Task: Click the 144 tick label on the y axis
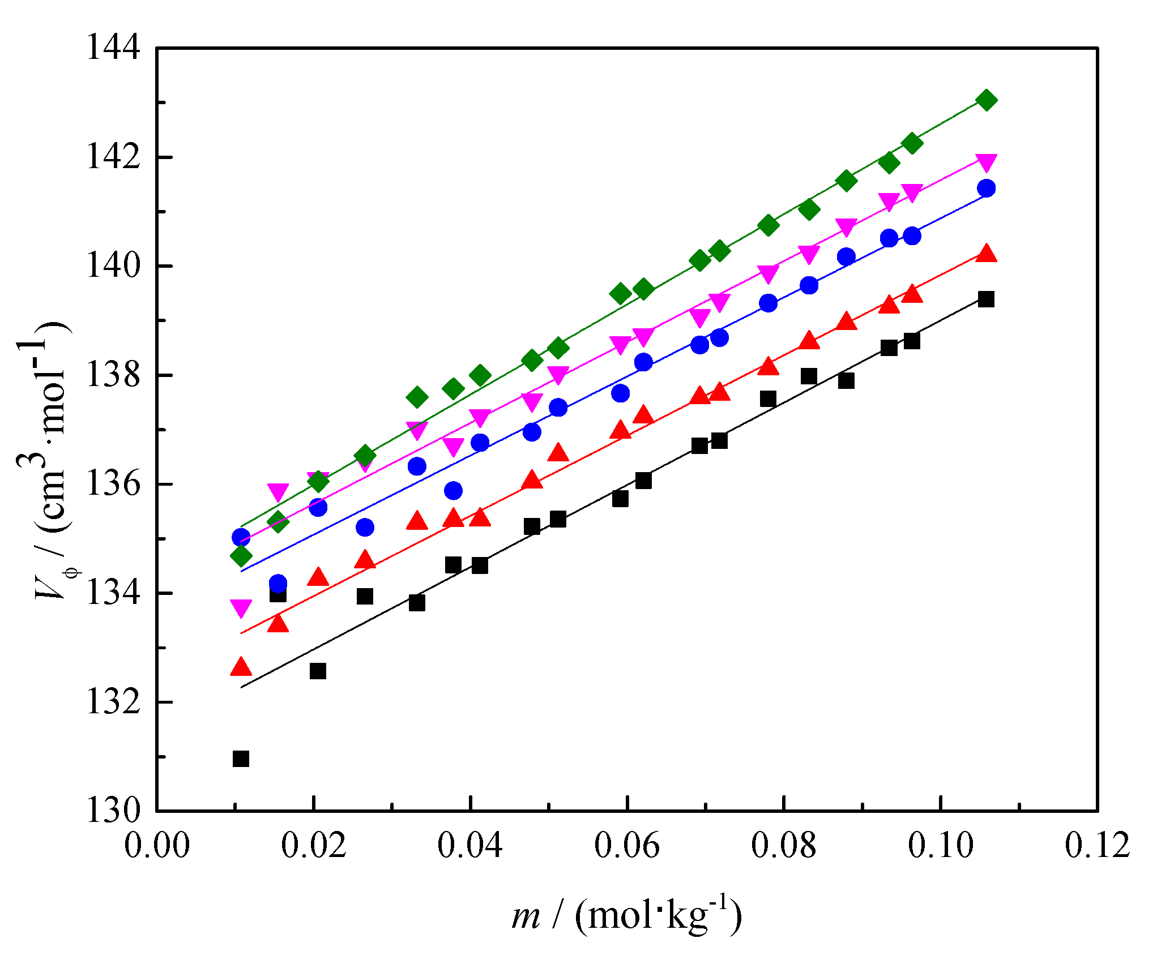[113, 48]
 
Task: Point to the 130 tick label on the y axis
[113, 811]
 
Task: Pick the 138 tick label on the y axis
[113, 375]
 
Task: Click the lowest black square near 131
[241, 759]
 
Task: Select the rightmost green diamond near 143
[987, 100]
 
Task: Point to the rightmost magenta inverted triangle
[987, 162]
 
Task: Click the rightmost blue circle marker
[987, 188]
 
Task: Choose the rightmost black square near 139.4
[987, 299]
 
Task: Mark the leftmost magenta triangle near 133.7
[241, 608]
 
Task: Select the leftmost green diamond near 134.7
[241, 556]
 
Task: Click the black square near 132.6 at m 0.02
[318, 671]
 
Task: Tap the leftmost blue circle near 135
[241, 537]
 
